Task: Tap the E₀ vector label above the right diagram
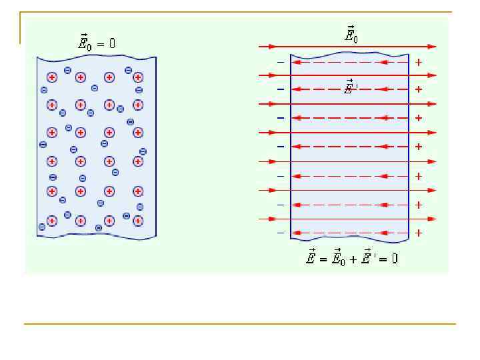(x=351, y=35)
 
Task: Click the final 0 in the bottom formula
(x=394, y=258)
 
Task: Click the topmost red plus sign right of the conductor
(x=418, y=62)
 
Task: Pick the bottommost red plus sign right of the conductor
(x=418, y=233)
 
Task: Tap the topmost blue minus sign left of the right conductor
(x=281, y=62)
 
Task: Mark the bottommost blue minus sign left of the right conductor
(x=281, y=233)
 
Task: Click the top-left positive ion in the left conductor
(x=52, y=77)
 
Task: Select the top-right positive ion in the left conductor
(x=138, y=77)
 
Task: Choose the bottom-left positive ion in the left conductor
(x=52, y=220)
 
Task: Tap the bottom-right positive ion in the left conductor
(x=138, y=220)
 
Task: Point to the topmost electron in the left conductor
(x=67, y=70)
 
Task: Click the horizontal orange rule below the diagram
(x=240, y=324)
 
